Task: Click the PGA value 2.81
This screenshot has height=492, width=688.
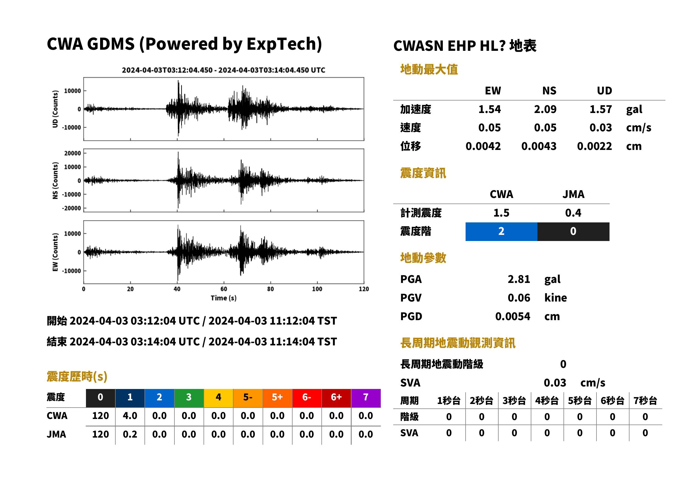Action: (519, 279)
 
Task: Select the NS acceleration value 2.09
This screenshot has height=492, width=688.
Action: (545, 109)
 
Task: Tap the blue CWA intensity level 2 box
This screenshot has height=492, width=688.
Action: (501, 232)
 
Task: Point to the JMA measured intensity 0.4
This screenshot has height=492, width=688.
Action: (573, 213)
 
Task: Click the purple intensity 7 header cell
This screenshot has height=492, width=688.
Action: (366, 398)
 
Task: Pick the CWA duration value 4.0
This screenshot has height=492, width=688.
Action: (130, 416)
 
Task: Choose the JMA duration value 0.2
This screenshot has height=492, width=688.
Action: (130, 434)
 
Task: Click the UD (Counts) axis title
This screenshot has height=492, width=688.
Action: (55, 109)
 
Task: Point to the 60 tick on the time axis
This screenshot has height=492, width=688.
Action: (224, 289)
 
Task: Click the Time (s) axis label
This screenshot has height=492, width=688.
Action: (224, 298)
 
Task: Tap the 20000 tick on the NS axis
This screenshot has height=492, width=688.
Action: (73, 153)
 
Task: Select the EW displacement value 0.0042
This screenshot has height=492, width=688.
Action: (483, 146)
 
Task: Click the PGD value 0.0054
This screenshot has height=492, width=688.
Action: (512, 316)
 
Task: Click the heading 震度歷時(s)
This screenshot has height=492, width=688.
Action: (77, 376)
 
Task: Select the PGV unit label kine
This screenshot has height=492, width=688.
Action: (555, 298)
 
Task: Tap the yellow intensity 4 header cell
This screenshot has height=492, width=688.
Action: (219, 398)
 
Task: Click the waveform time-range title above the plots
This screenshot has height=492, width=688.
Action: (224, 70)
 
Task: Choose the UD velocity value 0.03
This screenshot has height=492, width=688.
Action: (601, 127)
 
